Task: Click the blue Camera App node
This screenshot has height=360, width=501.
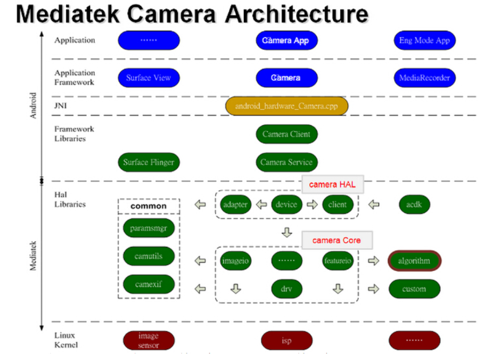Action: tap(285, 40)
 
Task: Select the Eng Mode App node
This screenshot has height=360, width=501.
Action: tap(424, 40)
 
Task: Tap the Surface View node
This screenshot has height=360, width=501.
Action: tap(149, 78)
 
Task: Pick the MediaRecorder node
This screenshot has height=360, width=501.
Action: tap(424, 78)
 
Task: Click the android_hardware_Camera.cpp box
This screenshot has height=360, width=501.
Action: tap(286, 106)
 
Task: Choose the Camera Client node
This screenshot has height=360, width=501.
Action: tap(286, 134)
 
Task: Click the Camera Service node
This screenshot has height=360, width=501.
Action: tap(286, 162)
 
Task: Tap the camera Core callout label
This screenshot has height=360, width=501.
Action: tap(336, 240)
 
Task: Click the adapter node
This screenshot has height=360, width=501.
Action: tap(235, 204)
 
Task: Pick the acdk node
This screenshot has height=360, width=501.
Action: tap(414, 204)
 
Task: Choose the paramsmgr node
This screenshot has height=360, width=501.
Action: tap(149, 228)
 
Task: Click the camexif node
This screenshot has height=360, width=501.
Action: tap(149, 284)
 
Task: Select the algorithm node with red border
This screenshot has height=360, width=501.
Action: tap(414, 261)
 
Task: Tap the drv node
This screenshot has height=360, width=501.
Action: tap(286, 289)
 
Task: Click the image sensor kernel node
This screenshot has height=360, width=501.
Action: tap(149, 340)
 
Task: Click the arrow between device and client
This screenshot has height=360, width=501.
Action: tap(312, 204)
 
